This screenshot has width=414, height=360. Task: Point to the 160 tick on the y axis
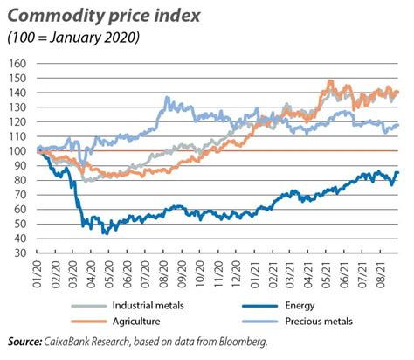tap(18, 64)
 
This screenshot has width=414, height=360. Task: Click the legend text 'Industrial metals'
tap(124, 307)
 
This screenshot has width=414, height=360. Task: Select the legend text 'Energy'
tap(293, 307)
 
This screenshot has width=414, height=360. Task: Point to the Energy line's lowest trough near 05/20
tap(104, 233)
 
